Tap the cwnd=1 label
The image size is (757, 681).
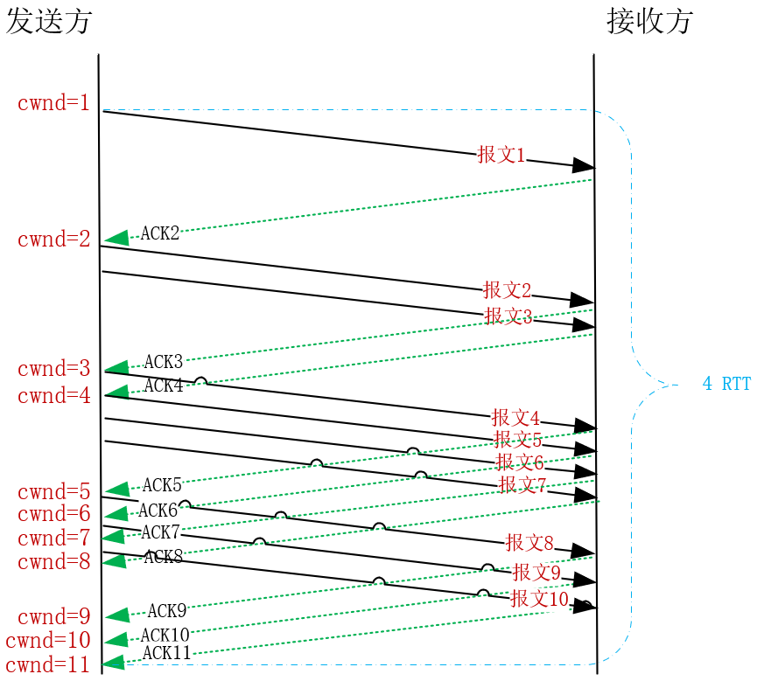(53, 103)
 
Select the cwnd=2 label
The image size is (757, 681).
(53, 240)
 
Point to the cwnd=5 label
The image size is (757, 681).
(53, 492)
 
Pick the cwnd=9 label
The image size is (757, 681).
(53, 617)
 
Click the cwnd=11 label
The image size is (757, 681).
(47, 665)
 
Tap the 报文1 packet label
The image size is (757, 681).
(501, 156)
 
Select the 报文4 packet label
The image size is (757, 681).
(515, 418)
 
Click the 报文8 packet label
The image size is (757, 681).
(529, 543)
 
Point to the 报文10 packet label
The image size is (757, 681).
(539, 599)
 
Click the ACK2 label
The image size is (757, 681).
(160, 233)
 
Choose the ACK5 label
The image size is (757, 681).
(162, 485)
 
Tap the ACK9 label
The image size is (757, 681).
(166, 611)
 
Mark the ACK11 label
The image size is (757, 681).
(166, 653)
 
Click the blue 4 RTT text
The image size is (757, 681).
(726, 384)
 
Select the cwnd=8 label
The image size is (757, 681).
(53, 562)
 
